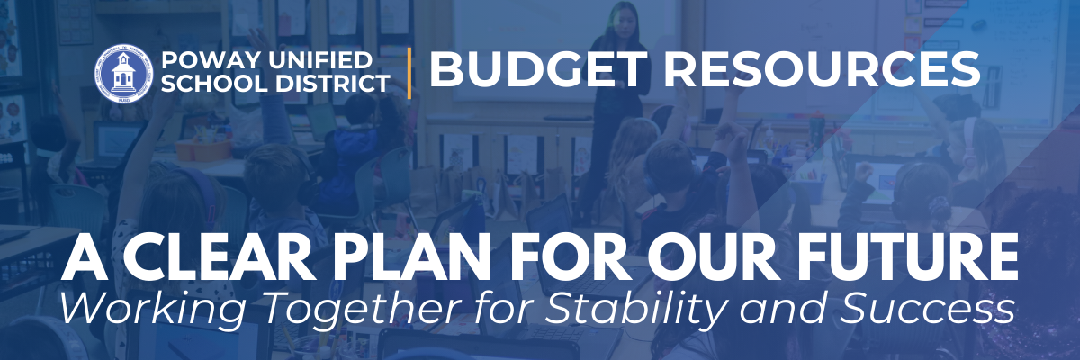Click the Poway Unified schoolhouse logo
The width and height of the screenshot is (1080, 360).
(x=123, y=74)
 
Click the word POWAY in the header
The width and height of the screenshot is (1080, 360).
(x=211, y=60)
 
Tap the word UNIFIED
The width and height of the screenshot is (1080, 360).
(x=320, y=60)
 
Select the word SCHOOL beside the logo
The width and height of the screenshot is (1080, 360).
(x=214, y=84)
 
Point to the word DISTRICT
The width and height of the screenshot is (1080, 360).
(x=332, y=84)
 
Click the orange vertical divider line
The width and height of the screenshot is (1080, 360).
(x=409, y=73)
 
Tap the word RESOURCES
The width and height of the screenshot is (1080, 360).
(x=822, y=69)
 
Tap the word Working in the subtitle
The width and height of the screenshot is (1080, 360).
(x=153, y=310)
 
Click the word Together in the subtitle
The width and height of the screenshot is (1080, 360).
(x=360, y=310)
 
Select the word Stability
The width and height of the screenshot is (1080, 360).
(x=635, y=310)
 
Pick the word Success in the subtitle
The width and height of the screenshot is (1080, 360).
(x=928, y=309)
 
